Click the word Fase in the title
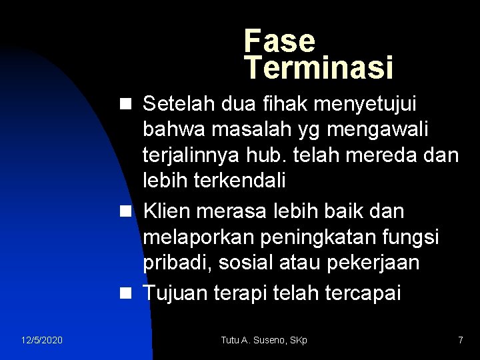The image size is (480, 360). coord(279,41)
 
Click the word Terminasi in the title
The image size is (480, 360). coord(319,67)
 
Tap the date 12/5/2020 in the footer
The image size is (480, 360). coord(41,341)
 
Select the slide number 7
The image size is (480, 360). coord(460,341)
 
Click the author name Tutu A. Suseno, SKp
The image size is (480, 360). coord(264,341)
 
